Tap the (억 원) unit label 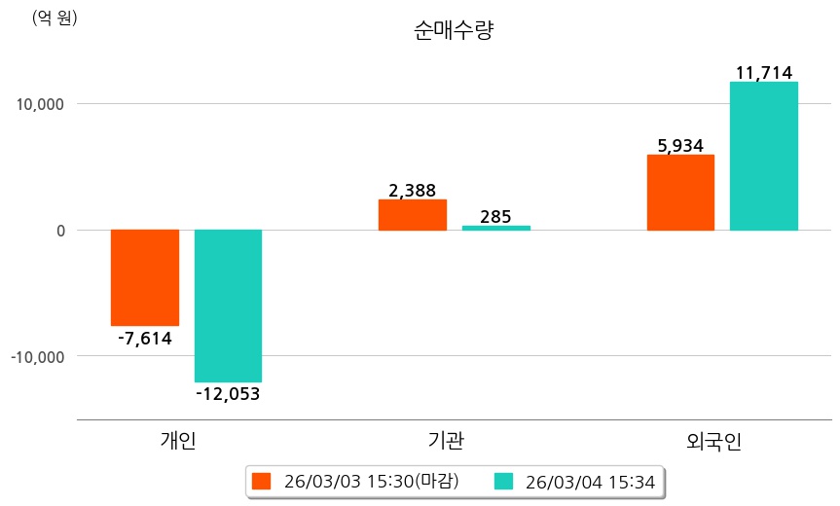(55, 18)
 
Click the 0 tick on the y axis (60, 231)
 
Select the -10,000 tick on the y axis (38, 357)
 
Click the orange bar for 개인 (145, 277)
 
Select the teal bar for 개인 (228, 306)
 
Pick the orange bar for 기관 (413, 215)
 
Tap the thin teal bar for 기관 (496, 228)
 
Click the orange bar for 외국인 (680, 193)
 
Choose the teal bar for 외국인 (764, 156)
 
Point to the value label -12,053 (228, 394)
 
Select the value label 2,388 (412, 191)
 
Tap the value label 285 (495, 216)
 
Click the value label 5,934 (680, 146)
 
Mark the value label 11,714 (764, 73)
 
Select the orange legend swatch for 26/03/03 (261, 481)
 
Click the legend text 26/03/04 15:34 (589, 481)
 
